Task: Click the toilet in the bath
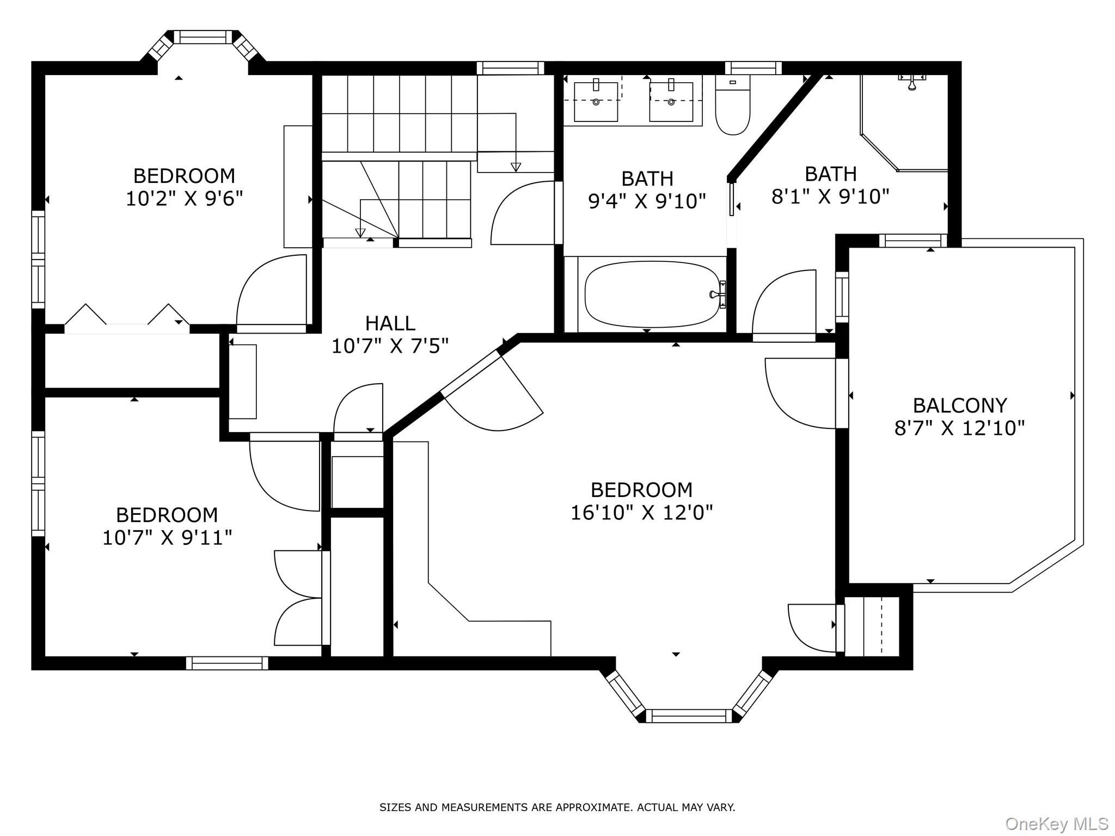(732, 105)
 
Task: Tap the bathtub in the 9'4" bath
(652, 294)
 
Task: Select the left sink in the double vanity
(596, 101)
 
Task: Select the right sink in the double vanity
(671, 101)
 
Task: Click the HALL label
(390, 323)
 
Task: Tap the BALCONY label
(960, 405)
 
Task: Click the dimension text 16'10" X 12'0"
(641, 513)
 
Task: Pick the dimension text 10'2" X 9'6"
(184, 199)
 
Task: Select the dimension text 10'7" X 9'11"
(167, 538)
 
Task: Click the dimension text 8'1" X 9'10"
(830, 196)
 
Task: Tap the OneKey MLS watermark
(1057, 823)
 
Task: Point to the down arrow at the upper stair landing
(516, 167)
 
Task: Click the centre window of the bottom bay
(689, 716)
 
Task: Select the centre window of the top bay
(203, 37)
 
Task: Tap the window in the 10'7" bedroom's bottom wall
(227, 663)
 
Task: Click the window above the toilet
(753, 68)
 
